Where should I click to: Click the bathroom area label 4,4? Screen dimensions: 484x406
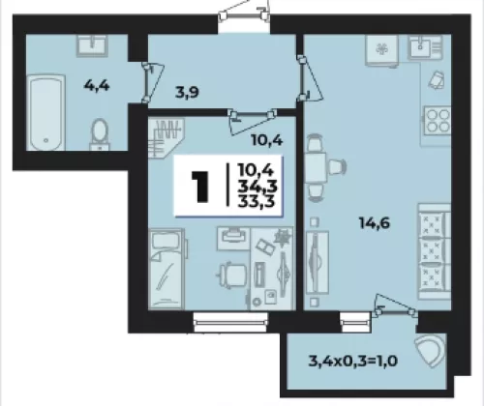pyautogui.click(x=97, y=86)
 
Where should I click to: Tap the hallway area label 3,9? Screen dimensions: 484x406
pyautogui.click(x=187, y=93)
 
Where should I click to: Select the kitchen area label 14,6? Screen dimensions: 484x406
pyautogui.click(x=375, y=222)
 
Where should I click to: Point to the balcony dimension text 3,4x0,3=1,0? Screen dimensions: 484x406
pyautogui.click(x=353, y=361)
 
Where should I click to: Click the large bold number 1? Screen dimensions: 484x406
pyautogui.click(x=200, y=187)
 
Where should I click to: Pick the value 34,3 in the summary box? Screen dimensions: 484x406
pyautogui.click(x=257, y=186)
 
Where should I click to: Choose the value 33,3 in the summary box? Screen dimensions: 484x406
pyautogui.click(x=257, y=201)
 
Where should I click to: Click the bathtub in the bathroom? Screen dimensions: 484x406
pyautogui.click(x=45, y=112)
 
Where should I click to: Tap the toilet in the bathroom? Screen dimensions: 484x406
pyautogui.click(x=100, y=134)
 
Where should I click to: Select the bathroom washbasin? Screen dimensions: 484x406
pyautogui.click(x=92, y=45)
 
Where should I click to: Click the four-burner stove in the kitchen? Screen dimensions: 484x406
pyautogui.click(x=438, y=121)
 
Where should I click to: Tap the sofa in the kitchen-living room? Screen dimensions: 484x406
pyautogui.click(x=435, y=251)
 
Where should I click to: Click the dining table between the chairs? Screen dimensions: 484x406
pyautogui.click(x=316, y=167)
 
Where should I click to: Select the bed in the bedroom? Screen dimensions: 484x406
pyautogui.click(x=166, y=269)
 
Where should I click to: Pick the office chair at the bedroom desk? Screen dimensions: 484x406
pyautogui.click(x=231, y=275)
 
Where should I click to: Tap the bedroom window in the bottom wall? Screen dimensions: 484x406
pyautogui.click(x=230, y=321)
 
